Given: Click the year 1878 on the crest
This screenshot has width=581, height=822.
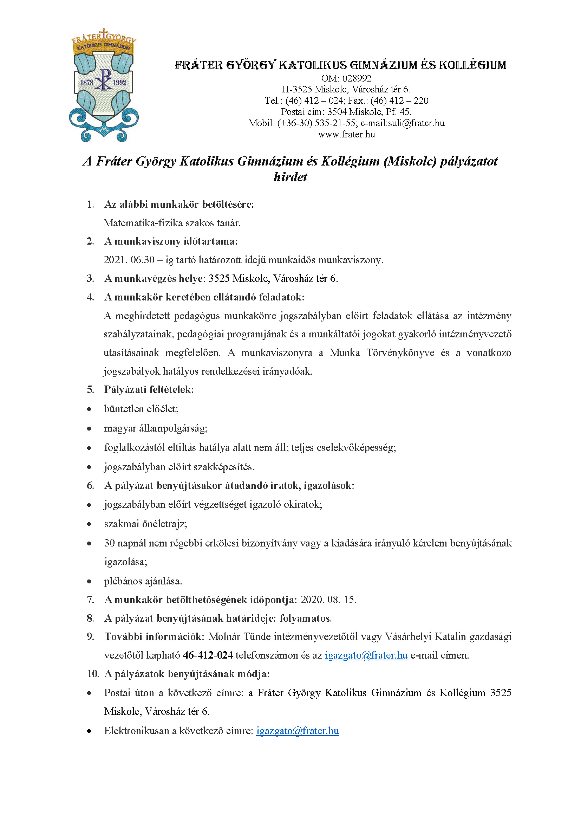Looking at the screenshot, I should [x=86, y=83].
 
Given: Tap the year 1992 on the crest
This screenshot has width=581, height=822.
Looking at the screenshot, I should [x=119, y=83].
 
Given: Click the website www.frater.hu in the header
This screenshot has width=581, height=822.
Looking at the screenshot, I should [x=346, y=135].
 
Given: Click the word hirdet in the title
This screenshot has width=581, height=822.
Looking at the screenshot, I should [x=290, y=177].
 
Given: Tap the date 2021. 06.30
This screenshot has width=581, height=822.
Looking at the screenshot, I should [x=129, y=260].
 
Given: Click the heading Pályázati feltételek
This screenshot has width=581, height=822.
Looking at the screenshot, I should [x=149, y=389].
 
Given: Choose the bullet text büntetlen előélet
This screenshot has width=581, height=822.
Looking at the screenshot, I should [x=141, y=409].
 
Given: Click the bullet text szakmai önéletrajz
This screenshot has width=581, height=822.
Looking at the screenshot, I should [x=145, y=524].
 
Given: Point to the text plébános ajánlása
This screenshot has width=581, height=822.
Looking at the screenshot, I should [x=143, y=581].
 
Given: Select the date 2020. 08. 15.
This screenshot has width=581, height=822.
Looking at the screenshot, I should [x=328, y=600].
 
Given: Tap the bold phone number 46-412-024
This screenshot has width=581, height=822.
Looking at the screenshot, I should [x=208, y=655].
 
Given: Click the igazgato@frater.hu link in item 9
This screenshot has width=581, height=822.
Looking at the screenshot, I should [x=366, y=655].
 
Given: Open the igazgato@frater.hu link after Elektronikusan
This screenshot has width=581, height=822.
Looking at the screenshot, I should [x=297, y=731].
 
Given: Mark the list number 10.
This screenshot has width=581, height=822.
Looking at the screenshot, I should [x=93, y=674].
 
